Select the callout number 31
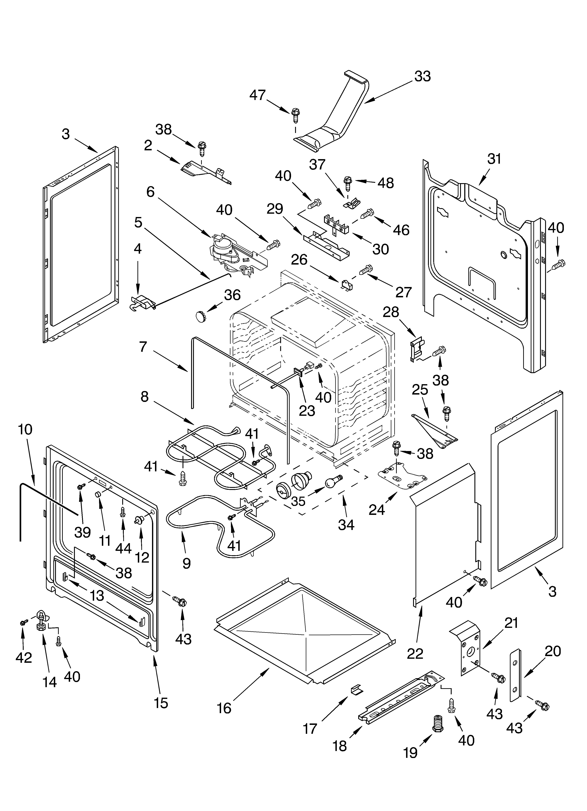[x=494, y=159]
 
